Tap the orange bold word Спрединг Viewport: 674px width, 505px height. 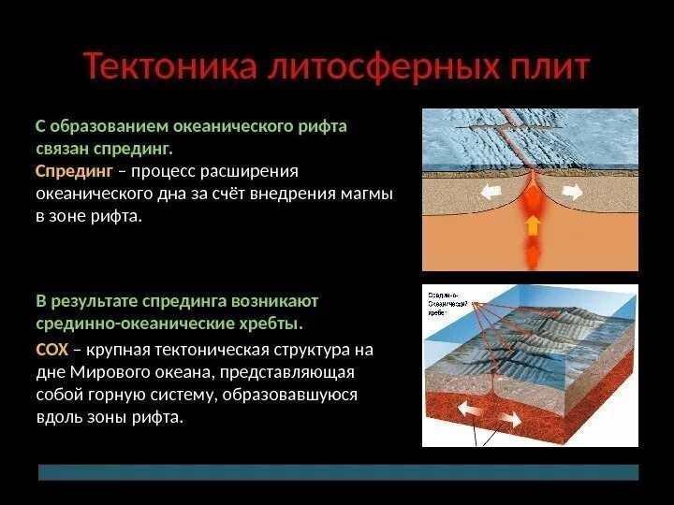pyautogui.click(x=74, y=172)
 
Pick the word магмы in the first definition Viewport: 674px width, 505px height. pyautogui.click(x=369, y=195)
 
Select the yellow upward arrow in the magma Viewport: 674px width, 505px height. pyautogui.click(x=531, y=224)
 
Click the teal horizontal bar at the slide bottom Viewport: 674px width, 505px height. pyautogui.click(x=337, y=471)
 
